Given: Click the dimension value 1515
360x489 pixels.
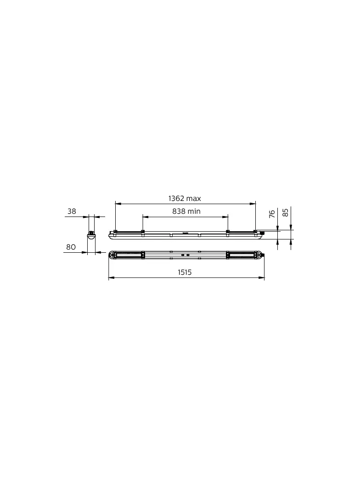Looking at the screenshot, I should point(185,272).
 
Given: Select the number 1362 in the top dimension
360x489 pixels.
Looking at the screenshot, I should point(176,199).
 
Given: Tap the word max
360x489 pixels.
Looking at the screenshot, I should point(194,199).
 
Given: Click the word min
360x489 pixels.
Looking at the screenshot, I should point(194,211).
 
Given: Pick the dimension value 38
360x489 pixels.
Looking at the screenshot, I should point(72,211).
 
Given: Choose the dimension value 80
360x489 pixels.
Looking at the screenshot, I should point(71,247).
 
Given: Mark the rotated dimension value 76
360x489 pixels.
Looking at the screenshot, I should point(272,213).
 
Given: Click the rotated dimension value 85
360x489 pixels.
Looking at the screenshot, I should point(286,212).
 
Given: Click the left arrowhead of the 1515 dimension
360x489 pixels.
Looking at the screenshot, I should point(110,278).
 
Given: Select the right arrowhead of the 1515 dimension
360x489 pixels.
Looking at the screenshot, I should point(263,278).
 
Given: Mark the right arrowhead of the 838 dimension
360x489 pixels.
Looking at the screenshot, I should point(226,216).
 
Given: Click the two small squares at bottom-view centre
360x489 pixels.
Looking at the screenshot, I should point(186,255).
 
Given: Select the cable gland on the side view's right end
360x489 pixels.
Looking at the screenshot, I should point(262,233).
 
